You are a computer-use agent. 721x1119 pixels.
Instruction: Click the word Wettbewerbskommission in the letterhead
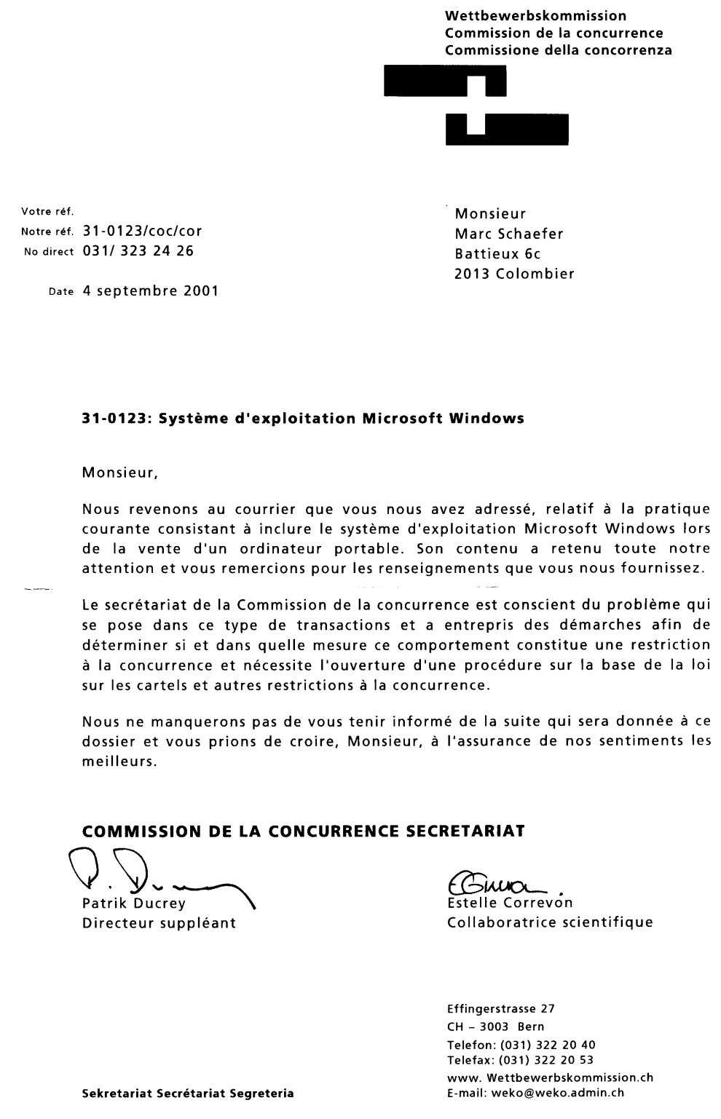(x=535, y=15)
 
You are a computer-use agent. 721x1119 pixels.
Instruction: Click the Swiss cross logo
(x=477, y=106)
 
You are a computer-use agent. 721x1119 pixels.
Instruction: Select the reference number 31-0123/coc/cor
(x=143, y=232)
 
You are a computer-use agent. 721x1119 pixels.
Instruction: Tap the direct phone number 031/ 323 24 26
(x=138, y=252)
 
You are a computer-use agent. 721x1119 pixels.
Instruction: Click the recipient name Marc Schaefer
(x=509, y=234)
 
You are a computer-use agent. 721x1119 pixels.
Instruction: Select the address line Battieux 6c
(x=497, y=254)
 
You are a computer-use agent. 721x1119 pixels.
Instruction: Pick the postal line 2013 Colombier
(x=514, y=274)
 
